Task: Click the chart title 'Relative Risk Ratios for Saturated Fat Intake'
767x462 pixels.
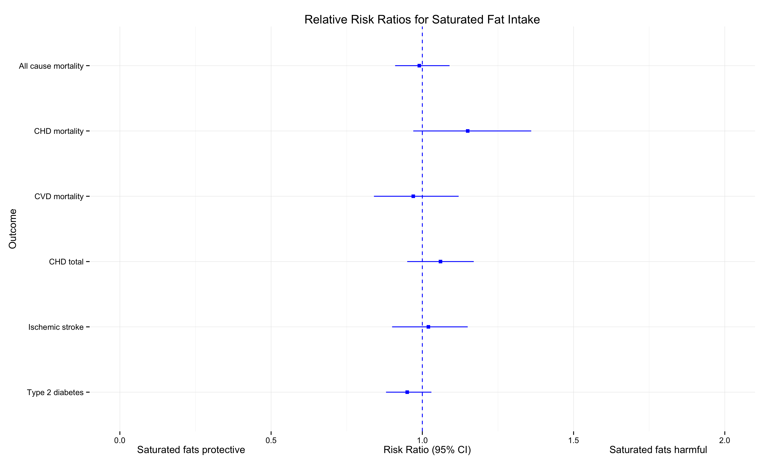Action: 422,20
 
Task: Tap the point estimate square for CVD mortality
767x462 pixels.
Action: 413,196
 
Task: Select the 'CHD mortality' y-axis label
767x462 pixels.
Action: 59,131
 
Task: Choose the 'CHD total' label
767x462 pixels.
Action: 66,262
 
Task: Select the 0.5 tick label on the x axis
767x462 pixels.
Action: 271,440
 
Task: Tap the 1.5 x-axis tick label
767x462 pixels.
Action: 573,440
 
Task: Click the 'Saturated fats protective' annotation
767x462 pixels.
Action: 191,450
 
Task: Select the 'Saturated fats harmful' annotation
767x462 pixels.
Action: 658,450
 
